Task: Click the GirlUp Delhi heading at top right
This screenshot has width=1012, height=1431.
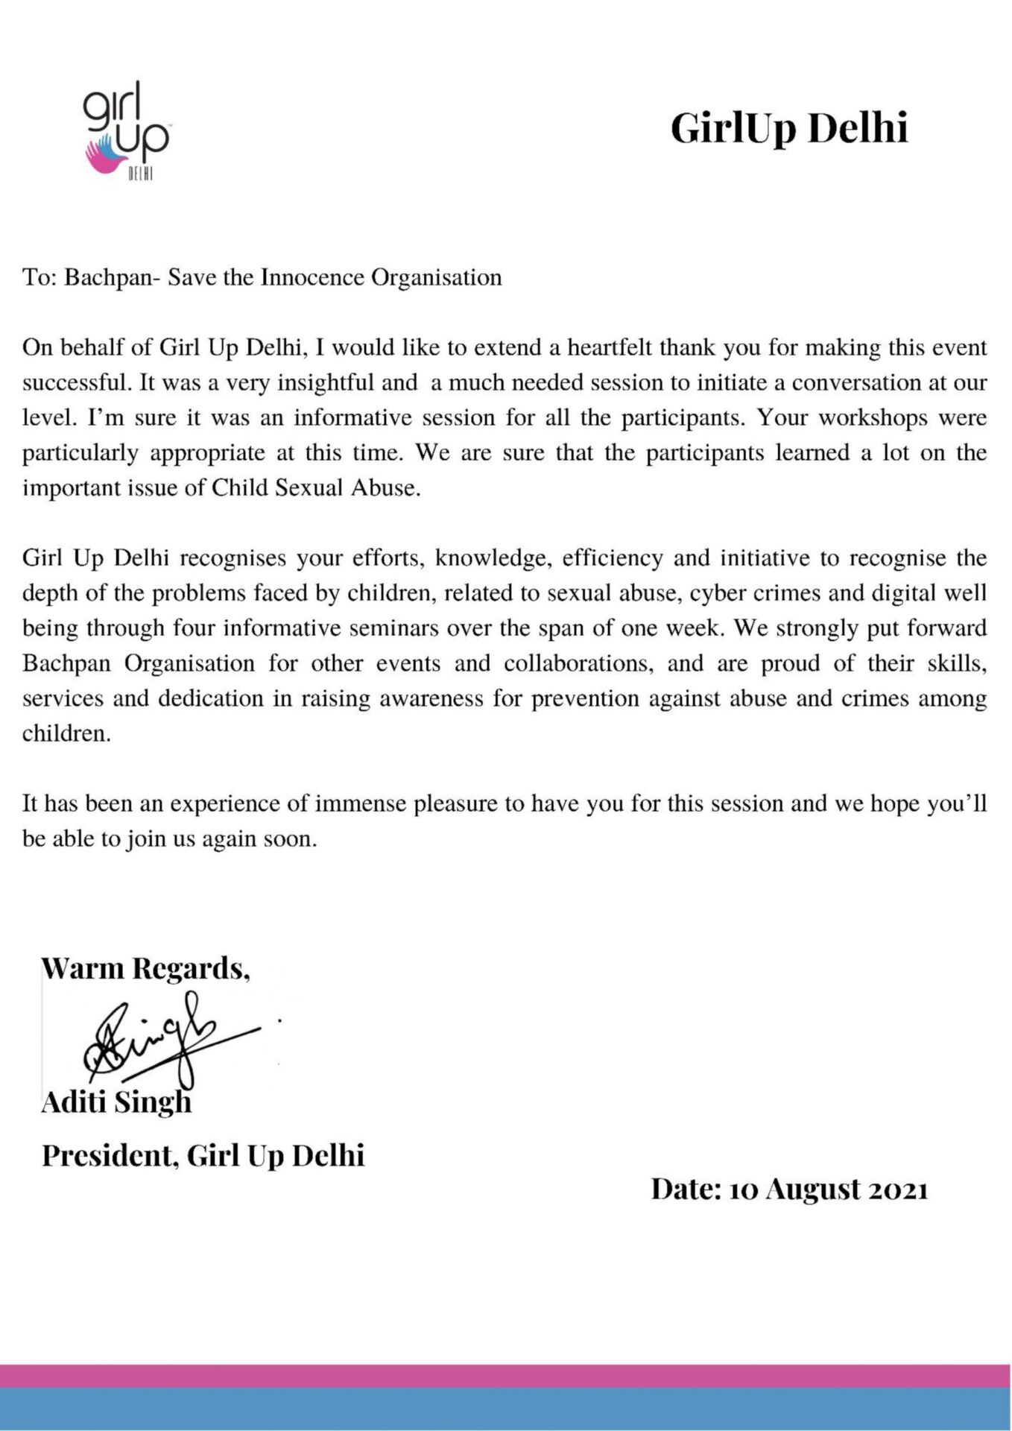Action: (789, 128)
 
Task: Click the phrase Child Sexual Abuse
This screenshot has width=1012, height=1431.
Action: (315, 488)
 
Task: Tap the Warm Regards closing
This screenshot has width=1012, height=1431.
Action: (145, 968)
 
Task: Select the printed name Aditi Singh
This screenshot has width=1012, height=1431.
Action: (116, 1102)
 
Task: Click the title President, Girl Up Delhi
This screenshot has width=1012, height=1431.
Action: (203, 1155)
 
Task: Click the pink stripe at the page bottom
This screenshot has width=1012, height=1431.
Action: (506, 1376)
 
